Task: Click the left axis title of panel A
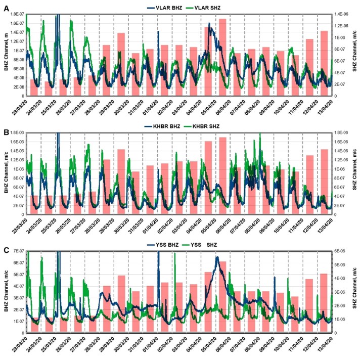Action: [x=6, y=55]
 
